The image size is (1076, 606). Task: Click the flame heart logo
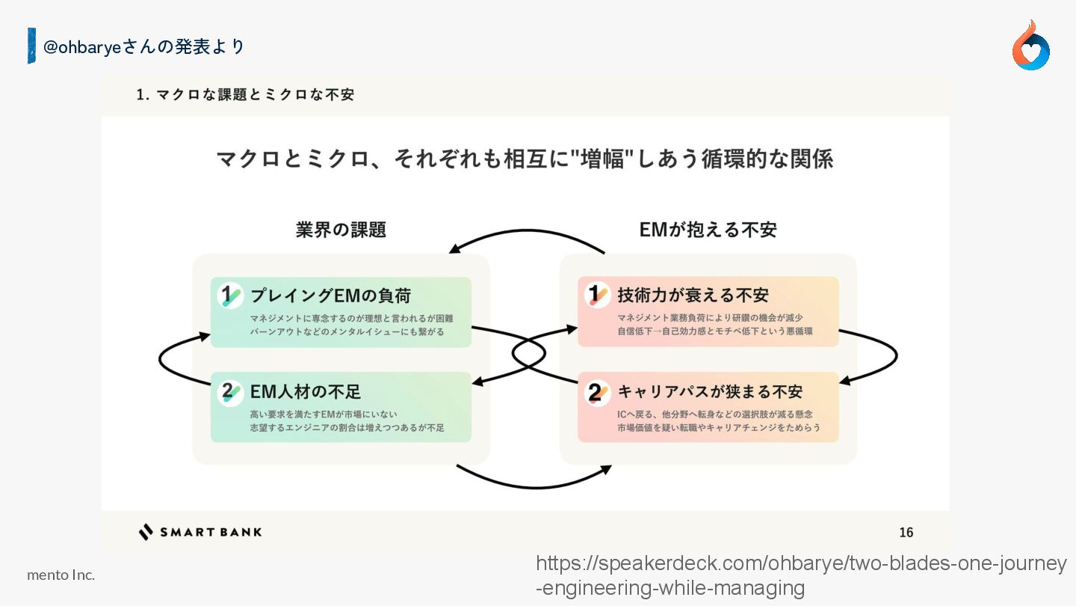[1030, 46]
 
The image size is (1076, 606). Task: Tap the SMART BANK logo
[200, 532]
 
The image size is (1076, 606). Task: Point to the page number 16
[906, 532]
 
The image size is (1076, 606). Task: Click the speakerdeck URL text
[801, 575]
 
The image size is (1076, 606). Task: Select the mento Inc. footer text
[61, 575]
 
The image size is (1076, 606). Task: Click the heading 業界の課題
[341, 230]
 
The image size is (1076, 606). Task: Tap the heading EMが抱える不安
[708, 230]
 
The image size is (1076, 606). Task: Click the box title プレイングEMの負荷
[330, 296]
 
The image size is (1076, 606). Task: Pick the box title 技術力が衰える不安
[693, 296]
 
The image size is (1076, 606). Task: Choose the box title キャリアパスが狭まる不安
[710, 391]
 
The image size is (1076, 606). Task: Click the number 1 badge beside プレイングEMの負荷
[230, 296]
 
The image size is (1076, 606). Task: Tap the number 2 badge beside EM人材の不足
[230, 392]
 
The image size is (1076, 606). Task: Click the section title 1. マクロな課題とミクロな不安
[245, 94]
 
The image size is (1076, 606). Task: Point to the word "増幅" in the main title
[602, 159]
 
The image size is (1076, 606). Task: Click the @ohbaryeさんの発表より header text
[144, 46]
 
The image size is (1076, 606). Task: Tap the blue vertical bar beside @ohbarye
[31, 46]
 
